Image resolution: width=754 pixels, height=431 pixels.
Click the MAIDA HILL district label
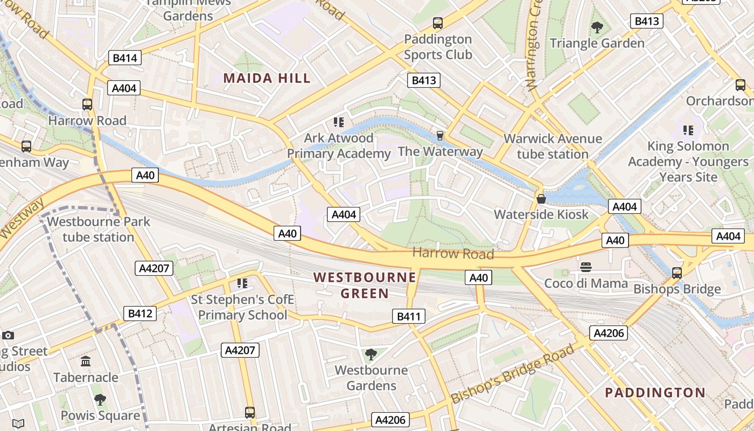pyautogui.click(x=267, y=78)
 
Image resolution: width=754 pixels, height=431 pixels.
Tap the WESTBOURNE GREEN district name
pyautogui.click(x=365, y=285)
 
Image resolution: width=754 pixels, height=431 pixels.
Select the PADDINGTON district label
pyautogui.click(x=655, y=392)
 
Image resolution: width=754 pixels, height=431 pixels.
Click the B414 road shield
pyautogui.click(x=124, y=58)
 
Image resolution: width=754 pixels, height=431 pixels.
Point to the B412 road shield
pyautogui.click(x=140, y=313)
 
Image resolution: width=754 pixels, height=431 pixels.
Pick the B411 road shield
pyautogui.click(x=408, y=316)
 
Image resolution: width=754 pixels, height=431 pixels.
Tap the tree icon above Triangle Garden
pyautogui.click(x=597, y=27)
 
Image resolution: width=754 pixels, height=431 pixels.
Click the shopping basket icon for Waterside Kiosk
pyautogui.click(x=541, y=199)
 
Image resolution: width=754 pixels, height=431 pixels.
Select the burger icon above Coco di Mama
pyautogui.click(x=586, y=267)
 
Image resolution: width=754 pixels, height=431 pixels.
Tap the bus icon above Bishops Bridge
pyautogui.click(x=677, y=273)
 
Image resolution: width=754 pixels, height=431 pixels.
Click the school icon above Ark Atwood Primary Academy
pyautogui.click(x=338, y=122)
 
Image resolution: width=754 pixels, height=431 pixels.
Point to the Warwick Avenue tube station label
pyautogui.click(x=553, y=146)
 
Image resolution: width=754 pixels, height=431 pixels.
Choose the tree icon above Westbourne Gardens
pyautogui.click(x=371, y=354)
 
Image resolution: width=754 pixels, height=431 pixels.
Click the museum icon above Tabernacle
pyautogui.click(x=86, y=361)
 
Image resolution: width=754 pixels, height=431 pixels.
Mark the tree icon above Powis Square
pyautogui.click(x=100, y=399)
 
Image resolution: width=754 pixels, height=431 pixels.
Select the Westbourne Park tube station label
pyautogui.click(x=98, y=229)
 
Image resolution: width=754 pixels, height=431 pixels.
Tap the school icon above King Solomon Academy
pyautogui.click(x=688, y=130)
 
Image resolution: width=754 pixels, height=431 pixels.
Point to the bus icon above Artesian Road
pyautogui.click(x=249, y=413)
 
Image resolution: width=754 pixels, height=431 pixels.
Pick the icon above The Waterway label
pyautogui.click(x=440, y=135)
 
